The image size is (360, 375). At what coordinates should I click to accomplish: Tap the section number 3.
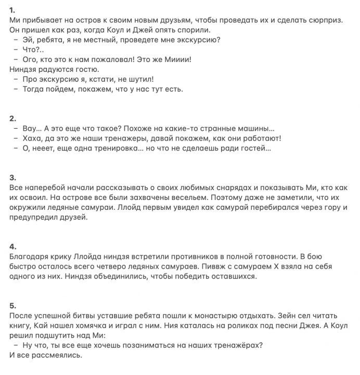pyautogui.click(x=12, y=178)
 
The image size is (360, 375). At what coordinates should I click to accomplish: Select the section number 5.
pyautogui.click(x=13, y=305)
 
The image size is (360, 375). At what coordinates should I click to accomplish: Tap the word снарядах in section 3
pyautogui.click(x=227, y=187)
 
